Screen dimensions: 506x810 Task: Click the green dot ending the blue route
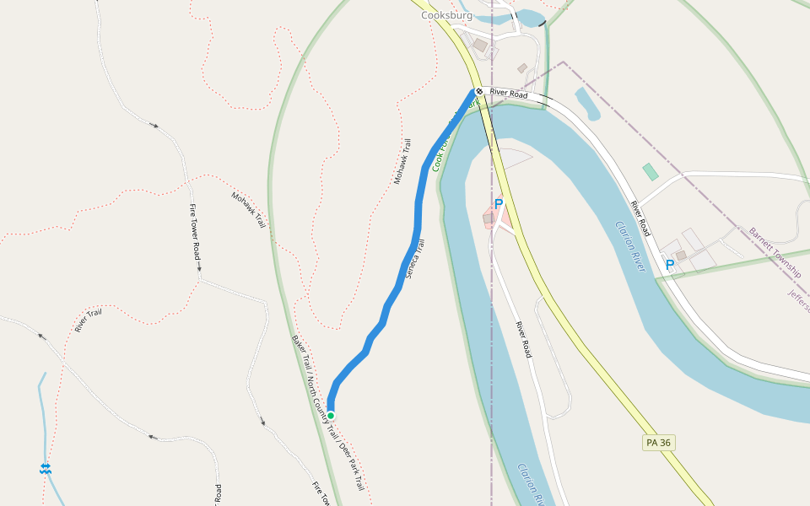tap(331, 416)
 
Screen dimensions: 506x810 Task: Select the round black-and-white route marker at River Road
tap(479, 91)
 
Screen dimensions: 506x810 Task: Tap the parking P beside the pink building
tap(499, 204)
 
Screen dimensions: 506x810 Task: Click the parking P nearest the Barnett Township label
tap(670, 265)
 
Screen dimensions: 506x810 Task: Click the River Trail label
tap(88, 321)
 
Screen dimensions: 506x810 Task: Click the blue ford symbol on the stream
tap(45, 468)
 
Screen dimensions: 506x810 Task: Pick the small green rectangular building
tap(651, 172)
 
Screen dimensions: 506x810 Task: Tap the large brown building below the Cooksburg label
tap(480, 45)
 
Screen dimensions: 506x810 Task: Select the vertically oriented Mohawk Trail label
tap(402, 163)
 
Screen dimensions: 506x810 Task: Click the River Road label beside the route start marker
tap(509, 94)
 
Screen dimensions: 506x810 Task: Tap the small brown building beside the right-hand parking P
tap(681, 255)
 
